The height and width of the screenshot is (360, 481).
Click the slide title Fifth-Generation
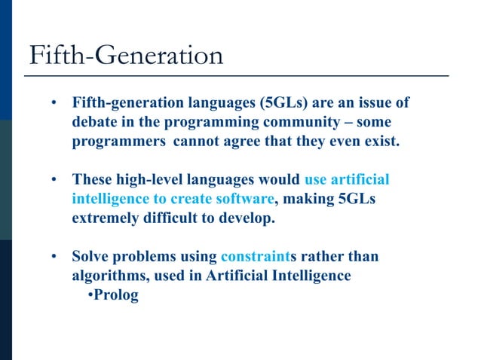[126, 55]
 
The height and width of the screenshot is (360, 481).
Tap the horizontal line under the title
[237, 76]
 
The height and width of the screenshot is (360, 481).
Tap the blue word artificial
[360, 180]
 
